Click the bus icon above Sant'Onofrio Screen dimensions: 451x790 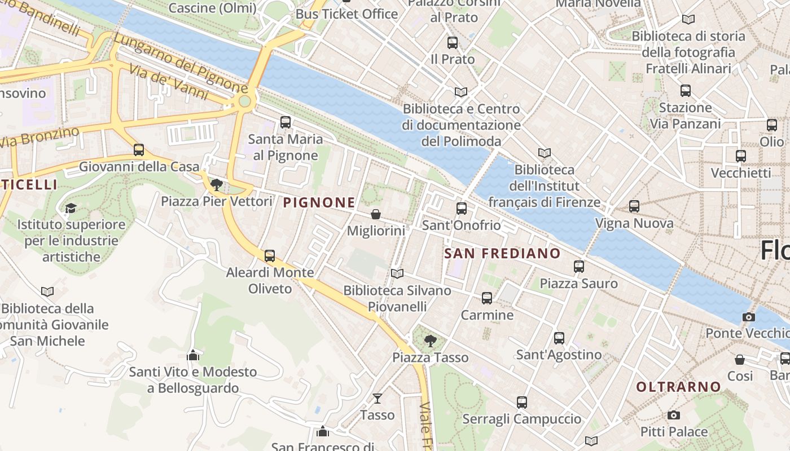[462, 209]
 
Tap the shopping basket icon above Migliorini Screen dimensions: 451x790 [376, 214]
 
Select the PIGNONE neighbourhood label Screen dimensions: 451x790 [319, 202]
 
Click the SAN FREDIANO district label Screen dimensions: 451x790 [502, 254]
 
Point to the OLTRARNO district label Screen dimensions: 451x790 [679, 387]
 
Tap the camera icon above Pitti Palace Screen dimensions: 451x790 [673, 415]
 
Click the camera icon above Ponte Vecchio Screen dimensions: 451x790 [749, 317]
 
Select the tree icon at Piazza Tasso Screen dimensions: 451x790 [430, 341]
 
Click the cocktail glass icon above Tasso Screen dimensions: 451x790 [378, 399]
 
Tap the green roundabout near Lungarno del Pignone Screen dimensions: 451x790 [244, 101]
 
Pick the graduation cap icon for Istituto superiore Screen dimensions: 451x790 [71, 208]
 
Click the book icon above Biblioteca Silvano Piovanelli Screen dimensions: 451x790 [397, 273]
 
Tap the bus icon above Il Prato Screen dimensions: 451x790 [452, 43]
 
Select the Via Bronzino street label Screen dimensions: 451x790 [39, 138]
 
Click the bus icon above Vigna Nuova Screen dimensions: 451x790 [634, 206]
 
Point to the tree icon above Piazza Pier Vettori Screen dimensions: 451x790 [216, 184]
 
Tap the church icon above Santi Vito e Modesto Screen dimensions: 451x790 [193, 355]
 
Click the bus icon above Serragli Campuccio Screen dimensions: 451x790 [522, 403]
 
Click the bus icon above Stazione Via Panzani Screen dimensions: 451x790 [686, 90]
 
